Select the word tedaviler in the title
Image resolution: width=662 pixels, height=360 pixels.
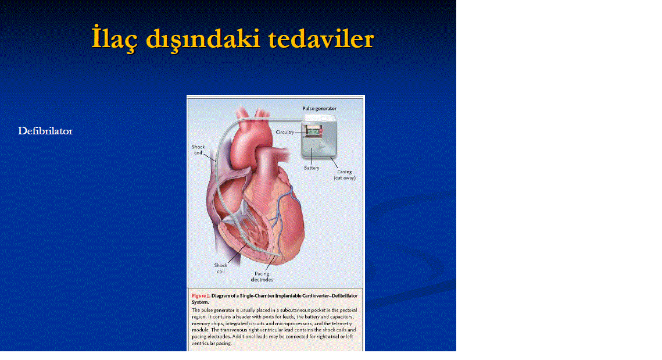click(321, 39)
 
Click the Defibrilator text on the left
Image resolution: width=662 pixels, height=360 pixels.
click(45, 131)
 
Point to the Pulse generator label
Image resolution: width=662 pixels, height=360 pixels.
click(319, 109)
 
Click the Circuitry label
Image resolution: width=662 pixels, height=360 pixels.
click(285, 132)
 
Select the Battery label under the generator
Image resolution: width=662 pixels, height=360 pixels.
click(312, 168)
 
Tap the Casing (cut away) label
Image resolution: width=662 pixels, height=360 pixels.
click(345, 175)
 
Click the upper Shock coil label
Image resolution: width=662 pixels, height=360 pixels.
click(198, 149)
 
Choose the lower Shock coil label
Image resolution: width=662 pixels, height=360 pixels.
click(220, 268)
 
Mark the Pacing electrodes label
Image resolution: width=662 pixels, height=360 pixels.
click(262, 277)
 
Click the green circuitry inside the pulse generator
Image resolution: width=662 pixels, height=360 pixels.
click(313, 132)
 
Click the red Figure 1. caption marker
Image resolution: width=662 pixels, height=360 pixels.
click(201, 296)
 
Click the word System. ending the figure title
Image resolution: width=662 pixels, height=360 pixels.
click(200, 302)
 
